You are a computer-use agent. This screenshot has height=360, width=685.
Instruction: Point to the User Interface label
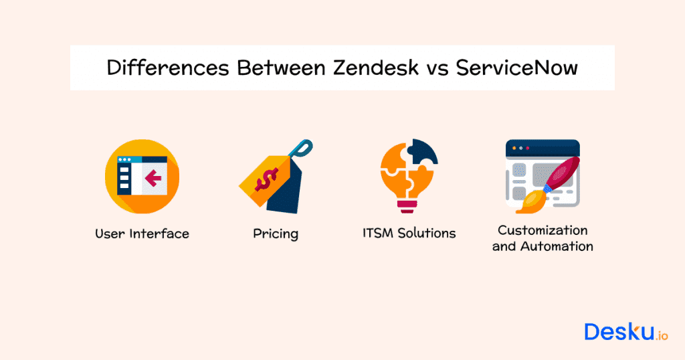click(x=142, y=234)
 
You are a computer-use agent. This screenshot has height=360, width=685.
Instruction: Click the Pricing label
click(x=276, y=234)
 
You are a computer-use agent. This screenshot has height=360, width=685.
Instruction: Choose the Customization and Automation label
click(x=543, y=238)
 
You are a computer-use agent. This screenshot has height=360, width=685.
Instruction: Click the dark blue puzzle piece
click(x=424, y=153)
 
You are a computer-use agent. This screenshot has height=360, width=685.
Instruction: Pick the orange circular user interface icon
click(x=142, y=176)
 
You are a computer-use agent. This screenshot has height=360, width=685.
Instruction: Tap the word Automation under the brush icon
click(x=560, y=246)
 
